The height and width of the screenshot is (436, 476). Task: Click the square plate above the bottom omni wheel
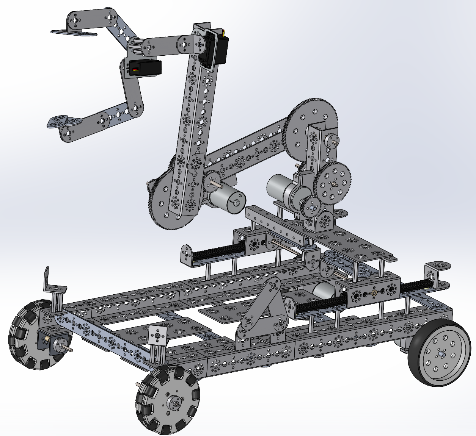[x=158, y=336]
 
